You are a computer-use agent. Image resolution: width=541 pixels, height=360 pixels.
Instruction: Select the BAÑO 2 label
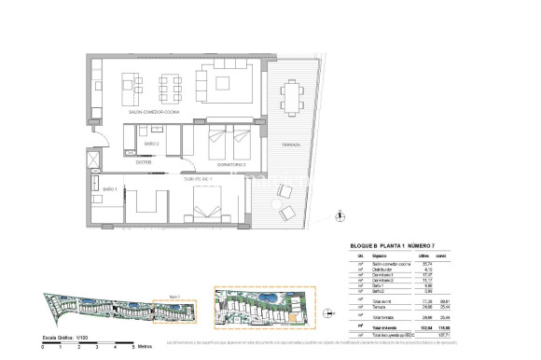151,145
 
